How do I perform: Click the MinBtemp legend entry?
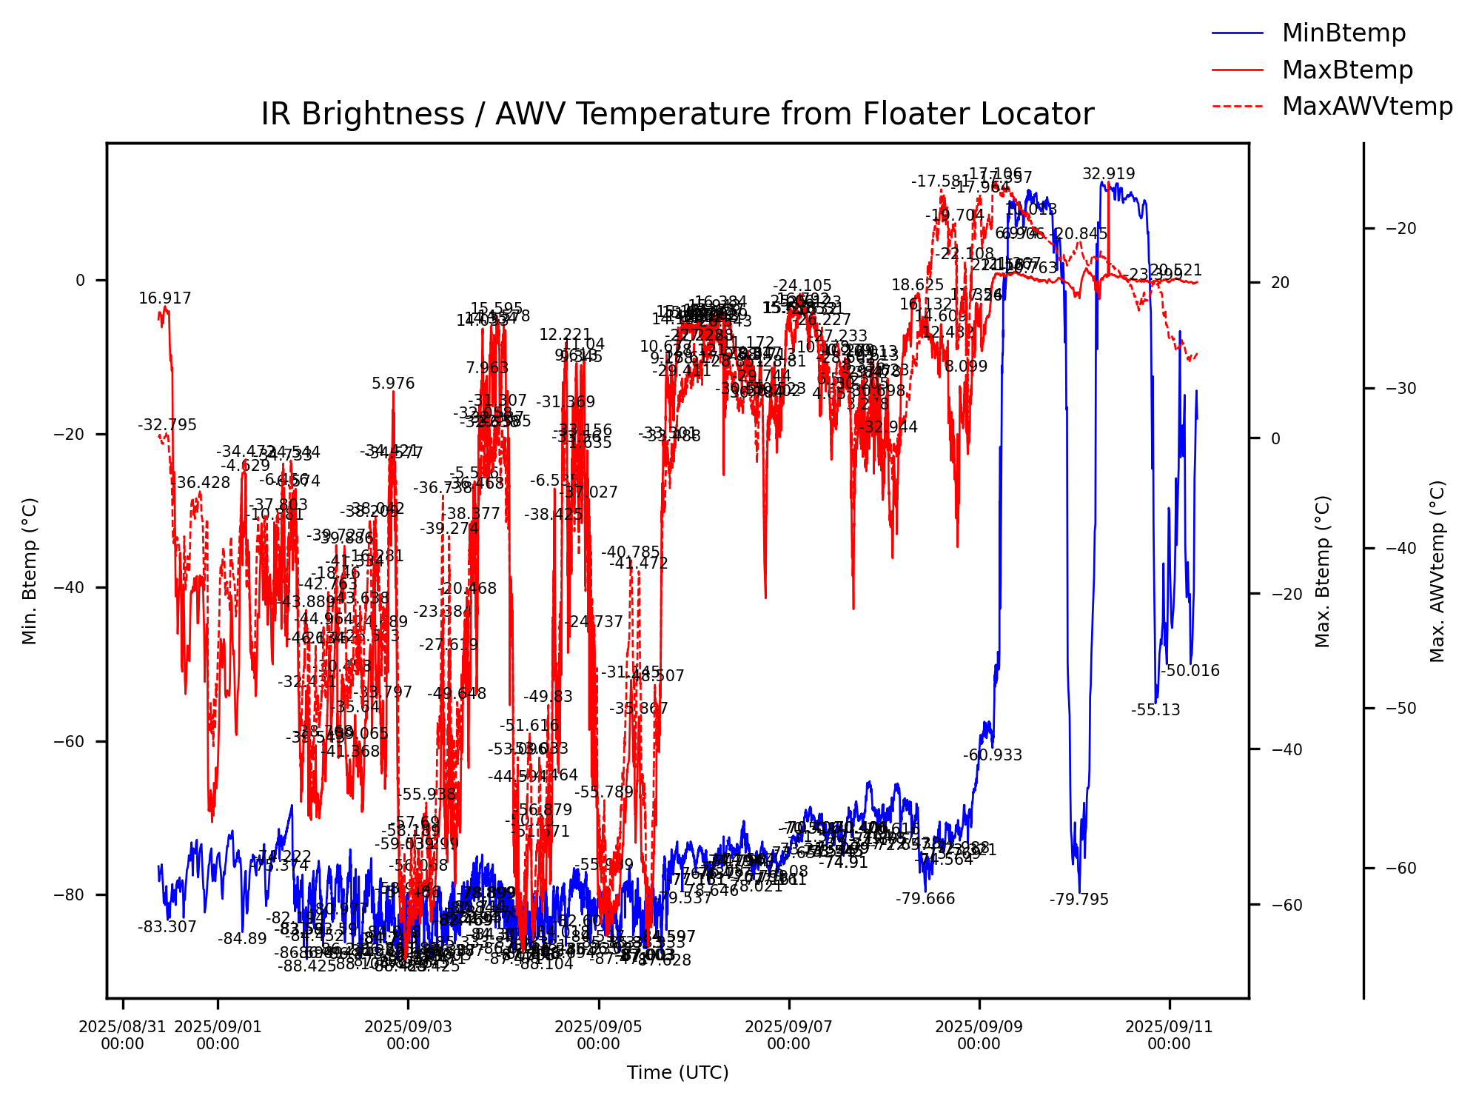1343,33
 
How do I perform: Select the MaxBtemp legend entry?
1346,70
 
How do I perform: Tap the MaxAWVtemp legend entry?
1366,106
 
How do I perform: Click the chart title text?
677,114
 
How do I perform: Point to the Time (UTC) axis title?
677,1072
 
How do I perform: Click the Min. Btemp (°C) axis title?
30,570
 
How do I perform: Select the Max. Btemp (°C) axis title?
1322,572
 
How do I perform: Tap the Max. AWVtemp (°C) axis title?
1437,572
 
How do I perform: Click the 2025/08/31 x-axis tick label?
122,1035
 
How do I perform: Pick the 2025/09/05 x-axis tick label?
598,1035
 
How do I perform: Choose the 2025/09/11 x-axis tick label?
1169,1035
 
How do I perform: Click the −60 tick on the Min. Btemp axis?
74,741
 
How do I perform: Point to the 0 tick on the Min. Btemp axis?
81,281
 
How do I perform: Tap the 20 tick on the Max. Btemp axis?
1280,283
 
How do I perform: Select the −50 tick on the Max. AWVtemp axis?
1400,709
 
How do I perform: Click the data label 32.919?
1108,174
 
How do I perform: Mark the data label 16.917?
164,298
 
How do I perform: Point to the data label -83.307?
167,927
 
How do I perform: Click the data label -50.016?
1190,671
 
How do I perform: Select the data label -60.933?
992,755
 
